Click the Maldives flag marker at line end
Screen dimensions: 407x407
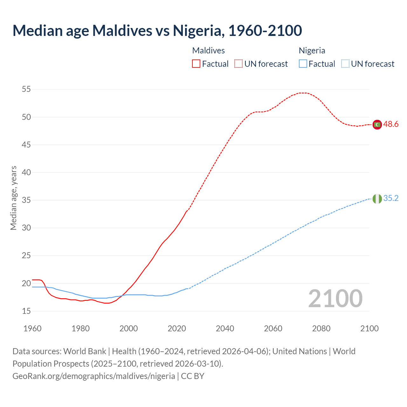[377, 125]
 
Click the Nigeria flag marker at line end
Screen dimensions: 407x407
[377, 199]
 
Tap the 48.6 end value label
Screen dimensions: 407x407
[391, 124]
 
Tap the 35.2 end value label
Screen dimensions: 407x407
[391, 198]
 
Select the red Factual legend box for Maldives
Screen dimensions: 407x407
[196, 64]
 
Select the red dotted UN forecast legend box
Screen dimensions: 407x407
[238, 64]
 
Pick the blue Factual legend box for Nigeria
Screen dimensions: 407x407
[303, 64]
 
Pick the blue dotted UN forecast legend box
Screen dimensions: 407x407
[345, 64]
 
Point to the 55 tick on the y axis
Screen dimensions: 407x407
[26, 89]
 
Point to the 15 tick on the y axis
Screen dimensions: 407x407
[26, 311]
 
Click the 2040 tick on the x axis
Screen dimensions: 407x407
[225, 328]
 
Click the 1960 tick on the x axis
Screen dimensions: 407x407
[32, 328]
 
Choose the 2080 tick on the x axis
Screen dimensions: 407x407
[321, 328]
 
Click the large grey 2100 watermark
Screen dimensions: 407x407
[335, 299]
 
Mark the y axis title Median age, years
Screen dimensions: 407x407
[13, 198]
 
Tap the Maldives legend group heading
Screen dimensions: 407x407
[209, 51]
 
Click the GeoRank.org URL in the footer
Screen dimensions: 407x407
[94, 376]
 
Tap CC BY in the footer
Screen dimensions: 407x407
[193, 376]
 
